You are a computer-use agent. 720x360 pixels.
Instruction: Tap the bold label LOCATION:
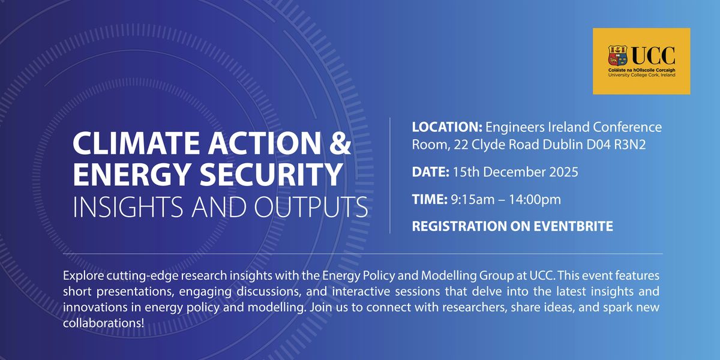[x=446, y=127]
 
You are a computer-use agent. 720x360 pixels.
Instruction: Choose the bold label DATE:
[x=430, y=173]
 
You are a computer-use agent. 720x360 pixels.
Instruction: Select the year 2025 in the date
[x=564, y=173]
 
